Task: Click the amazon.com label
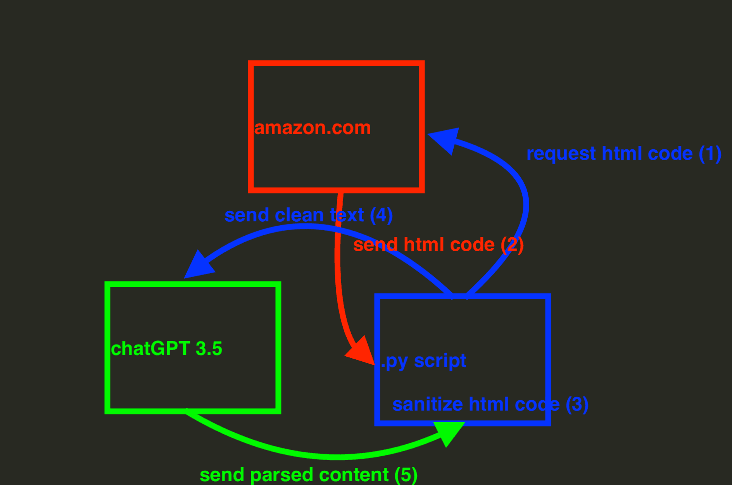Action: pos(312,128)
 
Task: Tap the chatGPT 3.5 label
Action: pos(167,349)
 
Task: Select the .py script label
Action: pos(423,361)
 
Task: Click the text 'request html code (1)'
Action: pos(624,154)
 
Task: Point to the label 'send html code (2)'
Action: pos(439,245)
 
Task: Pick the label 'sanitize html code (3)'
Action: pos(490,405)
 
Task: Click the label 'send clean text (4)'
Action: pos(309,216)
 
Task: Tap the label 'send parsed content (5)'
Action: pos(309,475)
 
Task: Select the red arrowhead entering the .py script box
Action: pos(361,351)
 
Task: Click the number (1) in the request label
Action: pos(710,154)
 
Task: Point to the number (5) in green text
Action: pos(406,475)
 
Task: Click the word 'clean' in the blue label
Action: pos(299,215)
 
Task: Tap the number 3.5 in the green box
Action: pos(209,349)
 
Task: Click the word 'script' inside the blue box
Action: pos(440,361)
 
